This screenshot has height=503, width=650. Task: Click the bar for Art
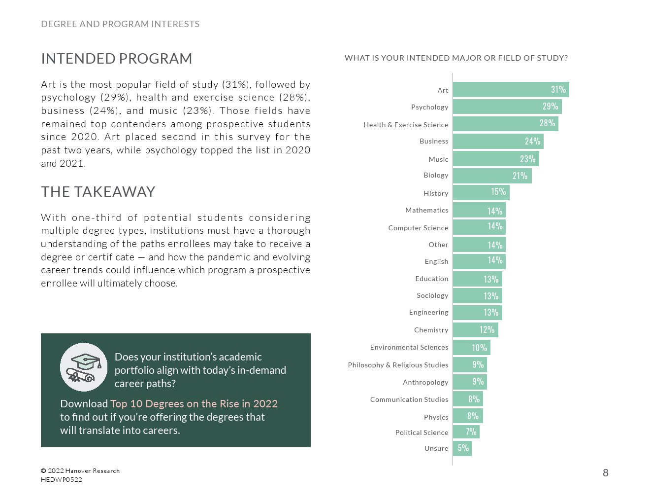(x=511, y=90)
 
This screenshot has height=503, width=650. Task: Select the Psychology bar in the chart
(x=507, y=107)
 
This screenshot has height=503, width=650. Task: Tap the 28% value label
(x=547, y=123)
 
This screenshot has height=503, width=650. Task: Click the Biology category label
(x=436, y=175)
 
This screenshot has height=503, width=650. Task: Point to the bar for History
(x=481, y=192)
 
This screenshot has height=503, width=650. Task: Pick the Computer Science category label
(x=418, y=228)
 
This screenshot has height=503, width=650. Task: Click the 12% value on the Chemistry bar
(x=487, y=329)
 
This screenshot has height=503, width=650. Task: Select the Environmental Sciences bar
(x=471, y=347)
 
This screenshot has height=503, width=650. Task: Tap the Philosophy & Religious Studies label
(x=398, y=365)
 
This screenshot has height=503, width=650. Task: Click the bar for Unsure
(x=462, y=448)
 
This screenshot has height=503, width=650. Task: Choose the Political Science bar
(x=466, y=432)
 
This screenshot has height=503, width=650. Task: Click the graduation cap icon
(x=84, y=367)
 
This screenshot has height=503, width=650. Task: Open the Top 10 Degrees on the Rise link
(x=194, y=403)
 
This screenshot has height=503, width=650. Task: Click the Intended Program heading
(x=117, y=59)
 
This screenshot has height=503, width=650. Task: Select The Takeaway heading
(x=98, y=192)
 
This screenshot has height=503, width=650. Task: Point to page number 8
(x=605, y=473)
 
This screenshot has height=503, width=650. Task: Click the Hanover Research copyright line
(x=80, y=471)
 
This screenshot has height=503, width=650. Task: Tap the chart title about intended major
(x=456, y=58)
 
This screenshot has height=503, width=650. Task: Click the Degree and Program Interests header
(x=120, y=24)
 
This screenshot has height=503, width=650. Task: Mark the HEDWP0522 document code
(x=62, y=480)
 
